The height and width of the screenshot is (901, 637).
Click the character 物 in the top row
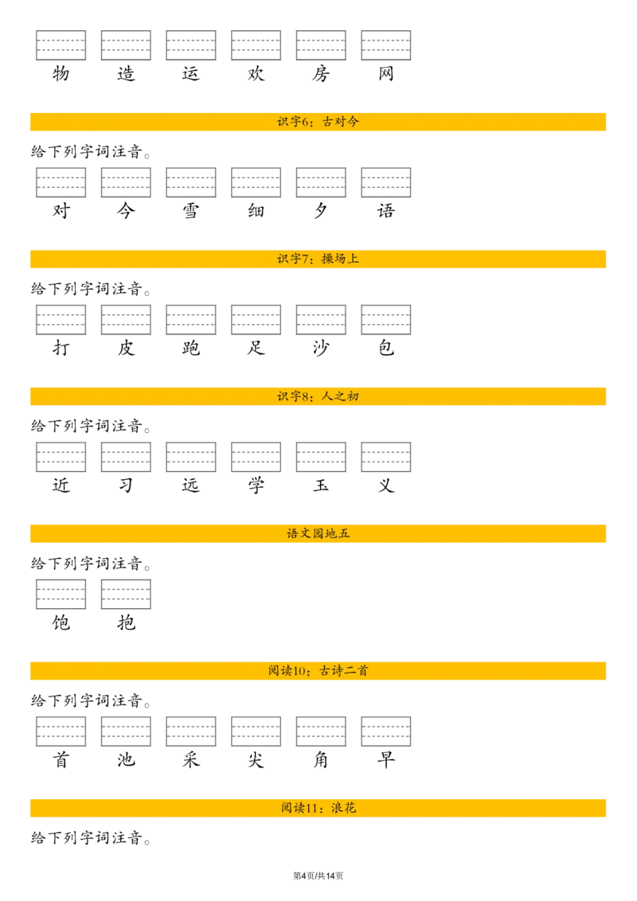(61, 73)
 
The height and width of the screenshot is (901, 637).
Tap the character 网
(386, 73)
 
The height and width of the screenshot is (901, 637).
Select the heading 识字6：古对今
(318, 122)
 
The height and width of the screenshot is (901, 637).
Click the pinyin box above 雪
(191, 183)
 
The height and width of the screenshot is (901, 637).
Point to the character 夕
(321, 211)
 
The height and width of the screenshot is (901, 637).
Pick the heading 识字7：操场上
(318, 259)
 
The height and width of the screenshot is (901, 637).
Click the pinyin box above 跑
(191, 320)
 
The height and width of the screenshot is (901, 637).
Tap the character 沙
(321, 348)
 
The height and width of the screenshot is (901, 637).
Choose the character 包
(386, 348)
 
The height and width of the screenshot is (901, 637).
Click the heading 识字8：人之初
(318, 396)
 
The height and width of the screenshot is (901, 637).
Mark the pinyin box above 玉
(321, 458)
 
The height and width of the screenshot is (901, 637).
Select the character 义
(386, 486)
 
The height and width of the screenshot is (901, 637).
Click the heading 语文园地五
(318, 534)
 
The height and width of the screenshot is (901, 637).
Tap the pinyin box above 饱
(61, 594)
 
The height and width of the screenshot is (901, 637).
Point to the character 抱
(126, 622)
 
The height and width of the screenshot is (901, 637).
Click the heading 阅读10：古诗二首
(318, 671)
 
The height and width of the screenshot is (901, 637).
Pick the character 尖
(256, 759)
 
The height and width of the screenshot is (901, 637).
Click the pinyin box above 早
(385, 731)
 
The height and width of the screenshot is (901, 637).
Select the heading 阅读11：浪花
(318, 808)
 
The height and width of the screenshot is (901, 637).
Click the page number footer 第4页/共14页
(318, 876)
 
